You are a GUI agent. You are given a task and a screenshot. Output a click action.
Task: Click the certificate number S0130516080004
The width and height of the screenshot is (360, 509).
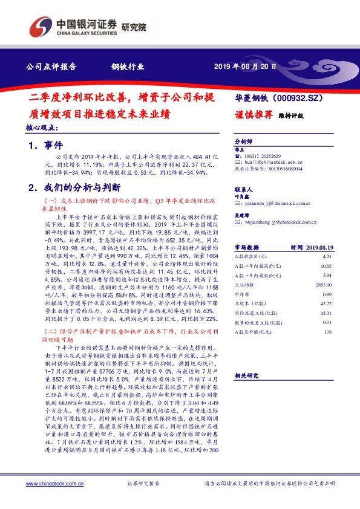(287, 170)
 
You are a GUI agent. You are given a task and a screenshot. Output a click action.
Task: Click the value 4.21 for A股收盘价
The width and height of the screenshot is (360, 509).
(327, 256)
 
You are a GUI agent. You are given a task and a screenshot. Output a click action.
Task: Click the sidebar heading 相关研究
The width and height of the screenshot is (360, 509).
(246, 375)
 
